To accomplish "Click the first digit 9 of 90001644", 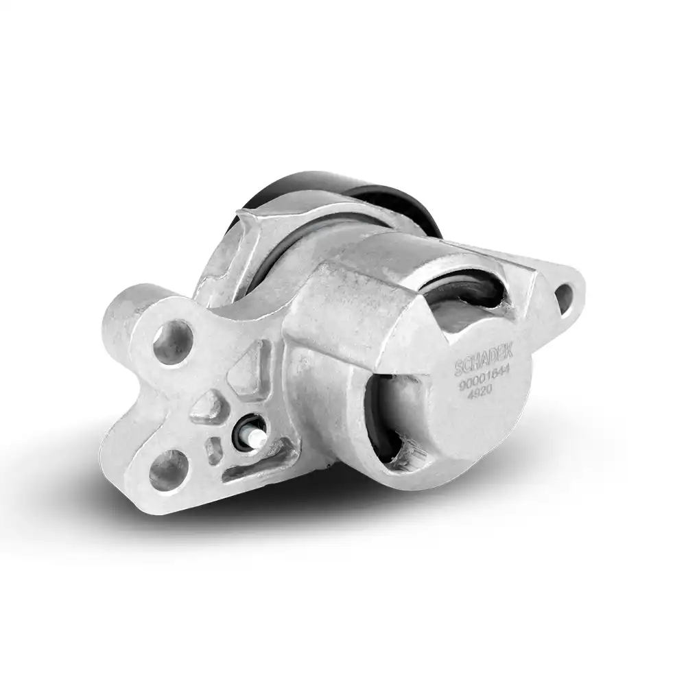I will pyautogui.click(x=462, y=389).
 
